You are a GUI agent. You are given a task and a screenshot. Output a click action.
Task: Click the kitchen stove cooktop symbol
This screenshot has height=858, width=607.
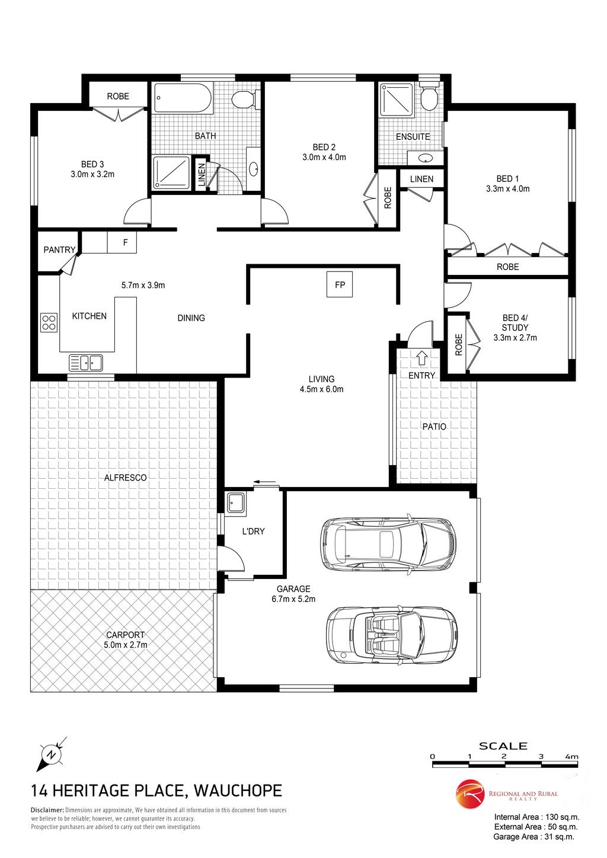49,322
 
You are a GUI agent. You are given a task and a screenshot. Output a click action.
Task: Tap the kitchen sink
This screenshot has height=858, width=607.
86,363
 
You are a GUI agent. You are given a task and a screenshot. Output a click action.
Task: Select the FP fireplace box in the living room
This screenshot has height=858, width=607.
340,284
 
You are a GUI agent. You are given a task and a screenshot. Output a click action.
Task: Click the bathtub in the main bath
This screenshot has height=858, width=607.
183,98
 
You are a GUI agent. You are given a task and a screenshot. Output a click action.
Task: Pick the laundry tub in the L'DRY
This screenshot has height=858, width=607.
236,503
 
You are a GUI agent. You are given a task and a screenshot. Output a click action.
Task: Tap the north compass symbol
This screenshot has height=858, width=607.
51,754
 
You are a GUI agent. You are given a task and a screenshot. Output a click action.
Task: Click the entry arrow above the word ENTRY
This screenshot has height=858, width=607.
422,357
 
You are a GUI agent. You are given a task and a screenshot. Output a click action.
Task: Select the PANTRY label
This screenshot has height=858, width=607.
59,249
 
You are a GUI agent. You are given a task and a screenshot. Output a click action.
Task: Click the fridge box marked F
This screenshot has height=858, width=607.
122,242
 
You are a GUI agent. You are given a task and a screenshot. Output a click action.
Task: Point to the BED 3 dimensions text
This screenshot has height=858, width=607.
92,174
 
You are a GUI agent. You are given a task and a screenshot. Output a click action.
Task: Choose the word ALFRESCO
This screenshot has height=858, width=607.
125,478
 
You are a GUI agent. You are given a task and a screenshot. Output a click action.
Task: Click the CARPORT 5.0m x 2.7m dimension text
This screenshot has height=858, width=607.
125,645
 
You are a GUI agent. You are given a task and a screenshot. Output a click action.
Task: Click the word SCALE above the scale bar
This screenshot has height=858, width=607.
503,746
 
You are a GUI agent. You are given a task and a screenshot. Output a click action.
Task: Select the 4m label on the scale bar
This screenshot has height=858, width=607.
571,757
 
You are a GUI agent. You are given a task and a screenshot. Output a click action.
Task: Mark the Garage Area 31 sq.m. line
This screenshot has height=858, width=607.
533,837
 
